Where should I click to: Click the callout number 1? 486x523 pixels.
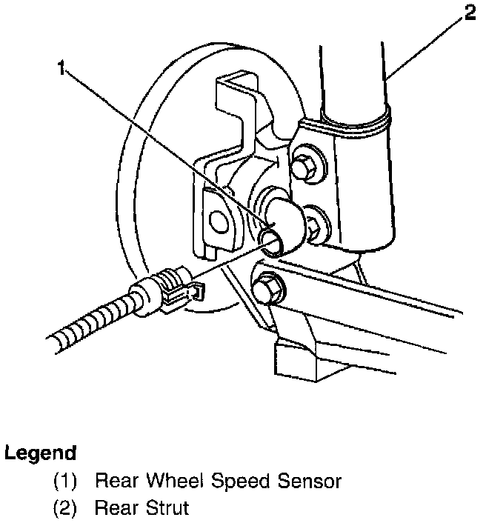click(x=62, y=70)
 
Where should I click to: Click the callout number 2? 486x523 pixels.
click(x=470, y=13)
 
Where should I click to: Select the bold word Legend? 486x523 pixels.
click(x=40, y=453)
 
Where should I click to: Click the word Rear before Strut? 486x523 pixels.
click(x=116, y=509)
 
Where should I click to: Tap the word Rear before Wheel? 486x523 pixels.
click(x=116, y=482)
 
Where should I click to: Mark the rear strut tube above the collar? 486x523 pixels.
click(x=351, y=74)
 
